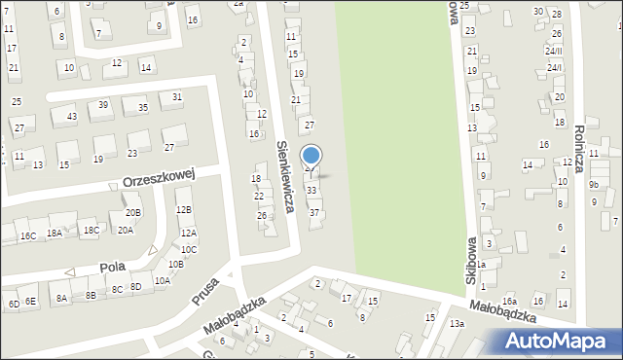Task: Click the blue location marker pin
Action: pyautogui.click(x=311, y=158)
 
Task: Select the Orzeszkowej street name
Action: pyautogui.click(x=160, y=179)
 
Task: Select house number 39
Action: pyautogui.click(x=102, y=105)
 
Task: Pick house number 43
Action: pyautogui.click(x=71, y=117)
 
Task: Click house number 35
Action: pyautogui.click(x=143, y=108)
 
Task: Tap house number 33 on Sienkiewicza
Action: pyautogui.click(x=311, y=190)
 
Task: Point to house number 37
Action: pyautogui.click(x=314, y=212)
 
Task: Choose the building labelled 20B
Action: pyautogui.click(x=133, y=212)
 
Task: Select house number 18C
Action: pyautogui.click(x=91, y=231)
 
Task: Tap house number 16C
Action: pyautogui.click(x=27, y=236)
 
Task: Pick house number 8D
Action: pyautogui.click(x=136, y=286)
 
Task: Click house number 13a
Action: pyautogui.click(x=457, y=322)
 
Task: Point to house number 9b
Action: pyautogui.click(x=594, y=184)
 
